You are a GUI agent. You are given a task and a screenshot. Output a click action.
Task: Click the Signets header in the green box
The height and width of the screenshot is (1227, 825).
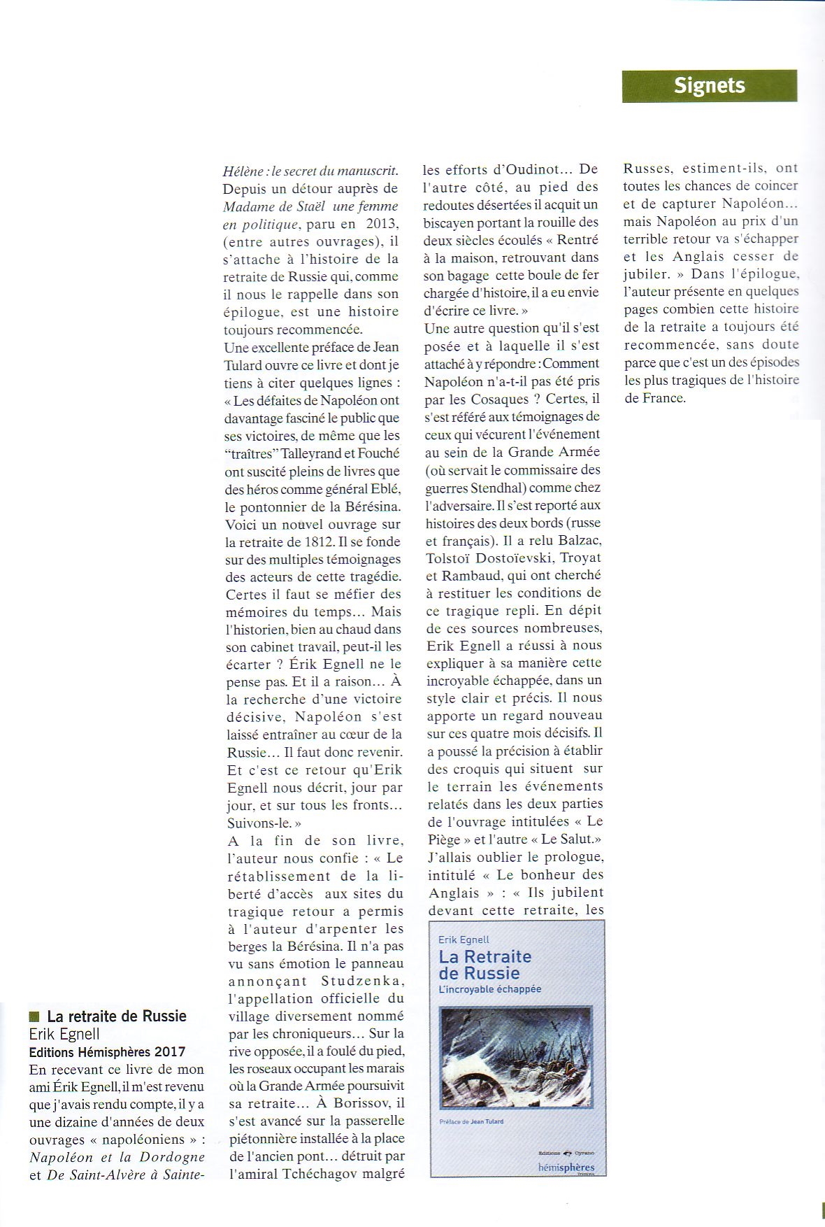click(709, 86)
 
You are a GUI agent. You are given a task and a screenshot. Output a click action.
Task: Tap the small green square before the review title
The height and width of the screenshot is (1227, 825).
click(34, 1016)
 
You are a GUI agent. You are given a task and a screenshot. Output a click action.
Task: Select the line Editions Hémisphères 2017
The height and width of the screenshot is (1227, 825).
click(107, 1051)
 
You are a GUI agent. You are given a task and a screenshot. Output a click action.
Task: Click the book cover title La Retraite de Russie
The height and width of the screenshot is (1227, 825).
click(485, 965)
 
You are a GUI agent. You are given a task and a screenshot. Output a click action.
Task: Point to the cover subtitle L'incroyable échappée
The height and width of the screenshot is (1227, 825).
click(489, 989)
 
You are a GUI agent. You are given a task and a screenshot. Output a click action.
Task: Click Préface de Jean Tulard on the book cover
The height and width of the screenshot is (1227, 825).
click(471, 1121)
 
